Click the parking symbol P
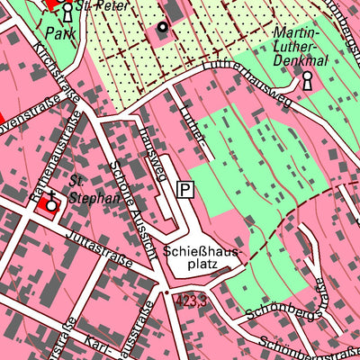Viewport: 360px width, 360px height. (x=185, y=189)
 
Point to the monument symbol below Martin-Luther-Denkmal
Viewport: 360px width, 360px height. (x=308, y=80)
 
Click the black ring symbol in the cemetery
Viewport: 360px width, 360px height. (x=162, y=27)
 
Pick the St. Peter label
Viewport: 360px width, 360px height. (x=97, y=4)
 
